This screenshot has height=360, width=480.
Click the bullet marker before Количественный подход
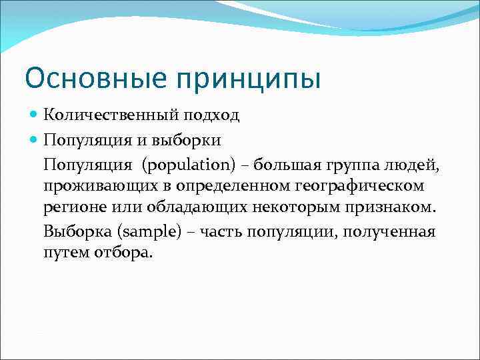[35, 115]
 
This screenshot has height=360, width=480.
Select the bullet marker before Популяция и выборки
[35, 140]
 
